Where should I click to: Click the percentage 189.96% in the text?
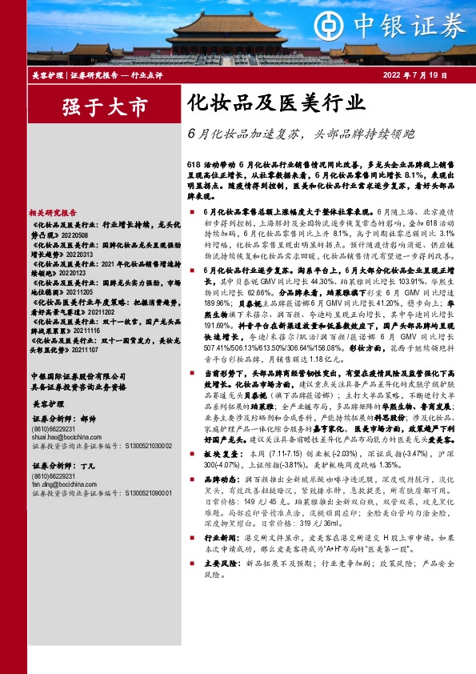pos(218,303)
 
